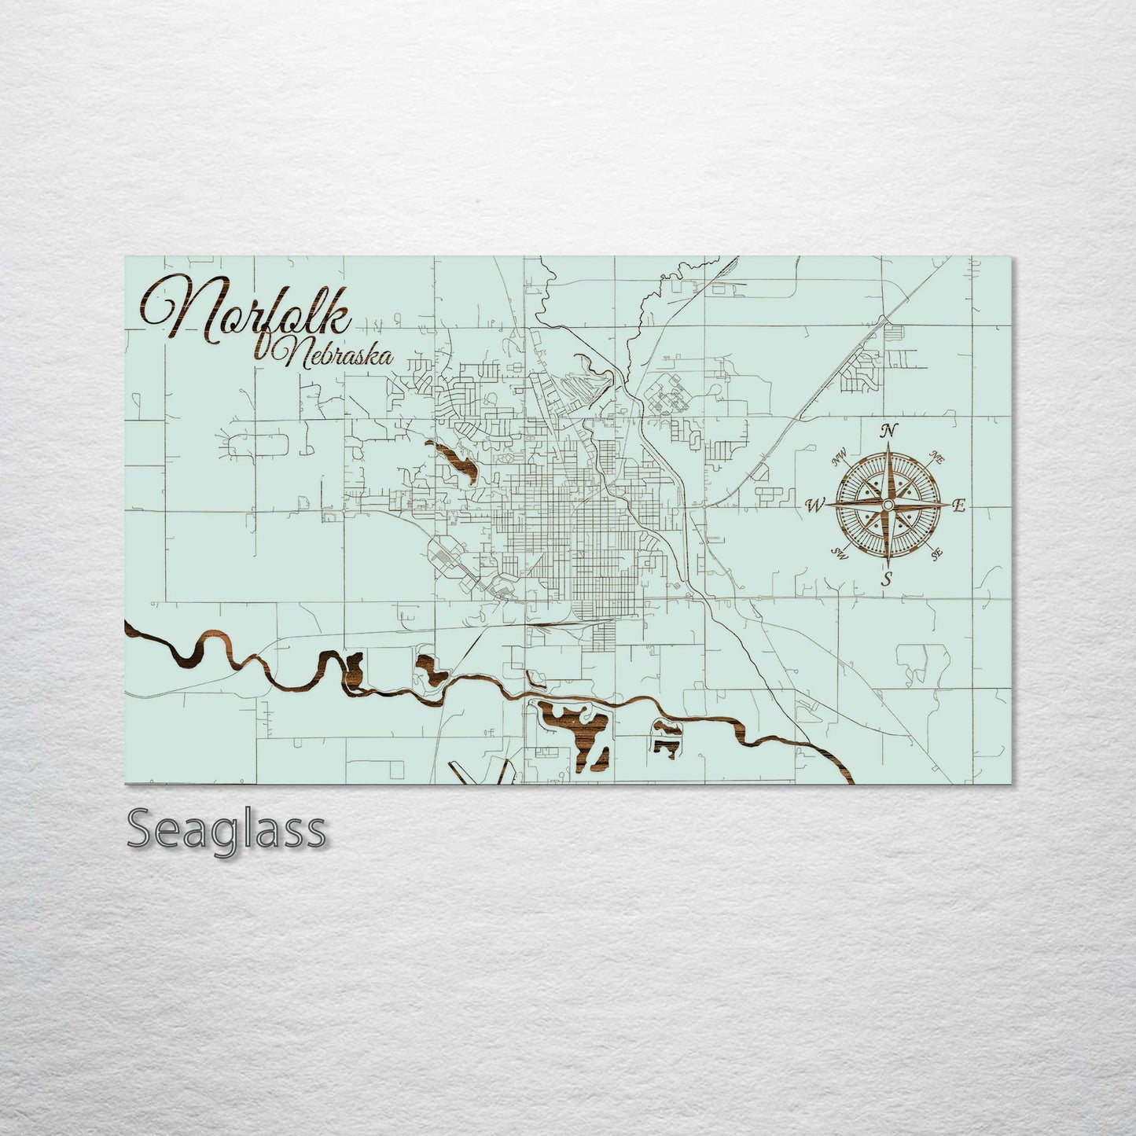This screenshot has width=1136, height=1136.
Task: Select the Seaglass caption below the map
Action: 226,829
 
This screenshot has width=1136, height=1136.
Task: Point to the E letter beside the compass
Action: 958,506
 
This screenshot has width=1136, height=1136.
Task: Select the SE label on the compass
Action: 936,554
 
